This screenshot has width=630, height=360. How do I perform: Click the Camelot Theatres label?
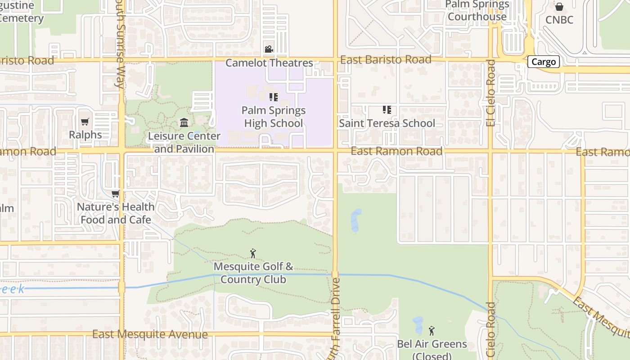[269, 63]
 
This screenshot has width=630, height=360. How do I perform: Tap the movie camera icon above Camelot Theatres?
[269, 49]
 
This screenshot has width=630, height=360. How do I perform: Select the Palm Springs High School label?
[273, 117]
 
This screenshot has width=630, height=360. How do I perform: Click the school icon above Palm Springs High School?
[273, 97]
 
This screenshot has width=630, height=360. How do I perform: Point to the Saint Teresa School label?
[387, 123]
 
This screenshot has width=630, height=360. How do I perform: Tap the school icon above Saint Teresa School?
[387, 109]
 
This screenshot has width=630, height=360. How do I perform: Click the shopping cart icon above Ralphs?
[85, 121]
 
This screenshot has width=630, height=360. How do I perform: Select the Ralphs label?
[85, 135]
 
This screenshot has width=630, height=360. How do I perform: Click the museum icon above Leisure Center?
[184, 122]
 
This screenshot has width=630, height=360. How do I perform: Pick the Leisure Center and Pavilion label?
[184, 142]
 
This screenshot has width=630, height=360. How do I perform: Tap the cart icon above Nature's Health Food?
[116, 193]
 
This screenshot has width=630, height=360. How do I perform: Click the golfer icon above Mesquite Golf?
[253, 253]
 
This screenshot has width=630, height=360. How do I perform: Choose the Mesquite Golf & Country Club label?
[253, 273]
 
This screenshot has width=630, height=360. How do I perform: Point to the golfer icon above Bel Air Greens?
[432, 331]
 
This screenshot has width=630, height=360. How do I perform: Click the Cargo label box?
[543, 62]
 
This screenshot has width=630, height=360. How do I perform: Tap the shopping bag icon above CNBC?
[559, 7]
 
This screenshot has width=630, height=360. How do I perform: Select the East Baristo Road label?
[386, 60]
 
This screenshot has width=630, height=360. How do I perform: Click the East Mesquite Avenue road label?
[150, 334]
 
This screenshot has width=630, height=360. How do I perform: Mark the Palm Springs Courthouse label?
[477, 11]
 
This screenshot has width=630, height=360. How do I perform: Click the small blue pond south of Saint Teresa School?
[356, 220]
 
